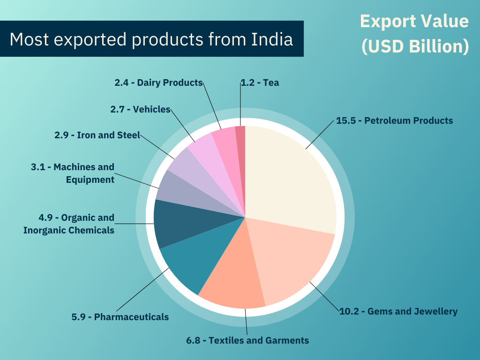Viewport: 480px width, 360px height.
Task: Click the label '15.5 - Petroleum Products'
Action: pos(395,120)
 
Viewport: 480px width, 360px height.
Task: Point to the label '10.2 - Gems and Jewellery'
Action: pos(398,311)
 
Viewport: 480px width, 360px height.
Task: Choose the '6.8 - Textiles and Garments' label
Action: pos(247,340)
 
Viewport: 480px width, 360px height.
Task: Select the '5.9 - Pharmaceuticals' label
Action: pos(120,317)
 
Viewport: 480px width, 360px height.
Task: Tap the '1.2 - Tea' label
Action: pos(260,82)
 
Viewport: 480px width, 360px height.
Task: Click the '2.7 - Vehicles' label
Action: pos(140,109)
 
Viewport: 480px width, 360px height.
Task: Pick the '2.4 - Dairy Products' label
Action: pos(158,82)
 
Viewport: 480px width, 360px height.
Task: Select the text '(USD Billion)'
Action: pos(415,47)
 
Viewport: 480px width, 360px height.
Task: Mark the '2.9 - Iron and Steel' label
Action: pos(97,135)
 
